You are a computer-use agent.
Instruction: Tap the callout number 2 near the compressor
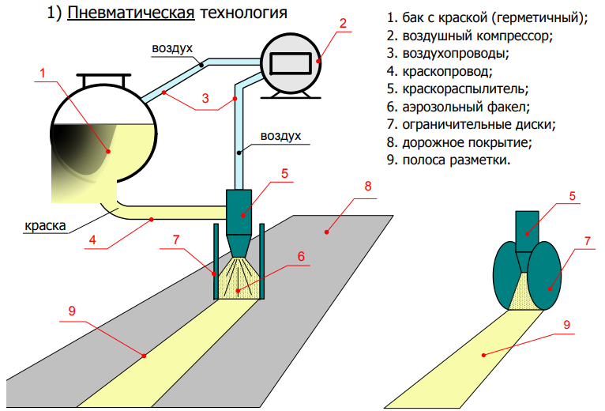[x=344, y=22]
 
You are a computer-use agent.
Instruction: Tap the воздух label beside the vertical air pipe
[x=282, y=137]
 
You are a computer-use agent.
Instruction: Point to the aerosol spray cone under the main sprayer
[x=239, y=277]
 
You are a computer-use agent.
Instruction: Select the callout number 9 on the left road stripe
[x=71, y=311]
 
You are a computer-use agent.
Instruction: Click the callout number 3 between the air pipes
[x=205, y=99]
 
